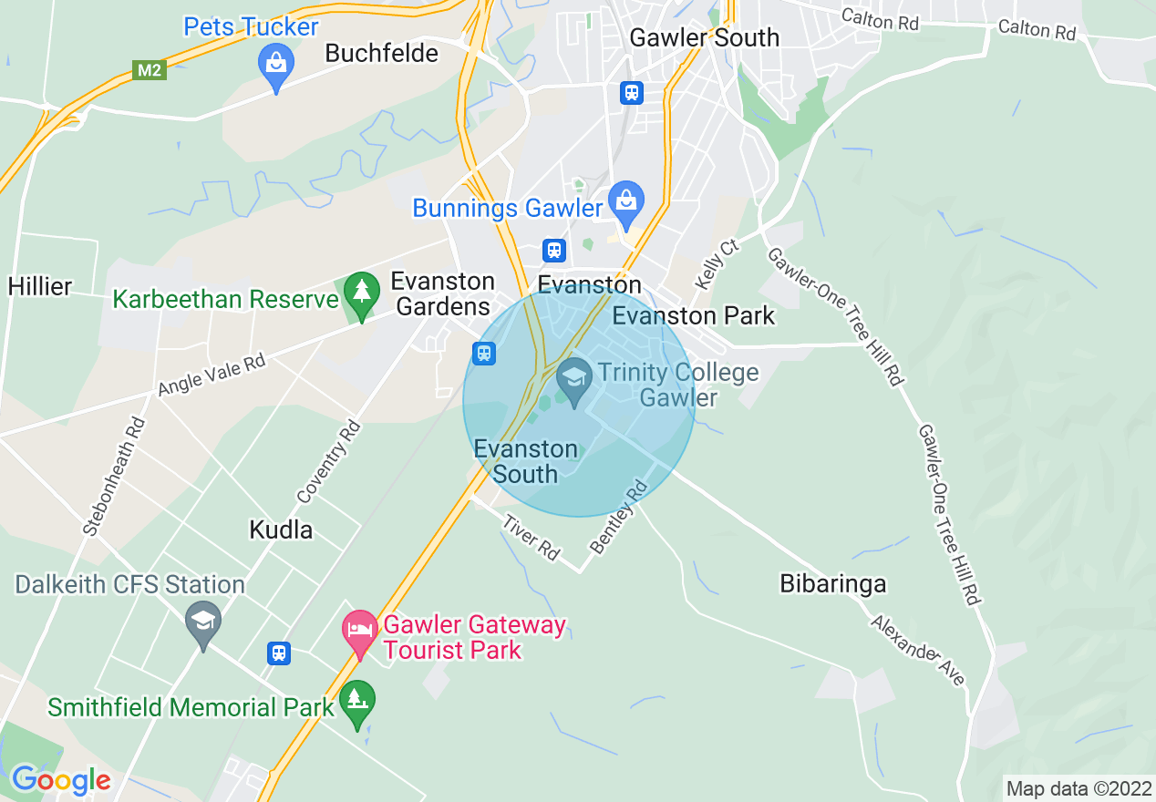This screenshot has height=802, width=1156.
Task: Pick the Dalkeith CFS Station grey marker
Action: coord(201,622)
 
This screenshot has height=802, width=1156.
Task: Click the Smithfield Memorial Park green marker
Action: coord(356,701)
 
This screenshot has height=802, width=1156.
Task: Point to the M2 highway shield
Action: coord(150,70)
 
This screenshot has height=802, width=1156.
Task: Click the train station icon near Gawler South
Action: coord(631,92)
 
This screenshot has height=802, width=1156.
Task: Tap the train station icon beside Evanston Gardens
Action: coord(483,352)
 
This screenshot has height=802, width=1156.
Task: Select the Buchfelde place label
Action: coord(382,53)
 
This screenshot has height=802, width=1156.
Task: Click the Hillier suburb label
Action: coord(40,286)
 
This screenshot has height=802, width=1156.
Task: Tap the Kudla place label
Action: coord(281,530)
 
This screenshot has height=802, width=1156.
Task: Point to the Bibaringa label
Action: coord(832,583)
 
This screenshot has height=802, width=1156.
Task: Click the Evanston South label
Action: coord(526,461)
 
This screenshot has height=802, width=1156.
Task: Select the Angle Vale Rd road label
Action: coord(212,375)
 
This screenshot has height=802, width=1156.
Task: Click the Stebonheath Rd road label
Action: coord(113,477)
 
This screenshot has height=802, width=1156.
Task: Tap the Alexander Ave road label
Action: coord(916,651)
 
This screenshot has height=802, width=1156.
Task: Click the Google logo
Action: coord(60,780)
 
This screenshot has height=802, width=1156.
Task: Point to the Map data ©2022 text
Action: coord(1078,787)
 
